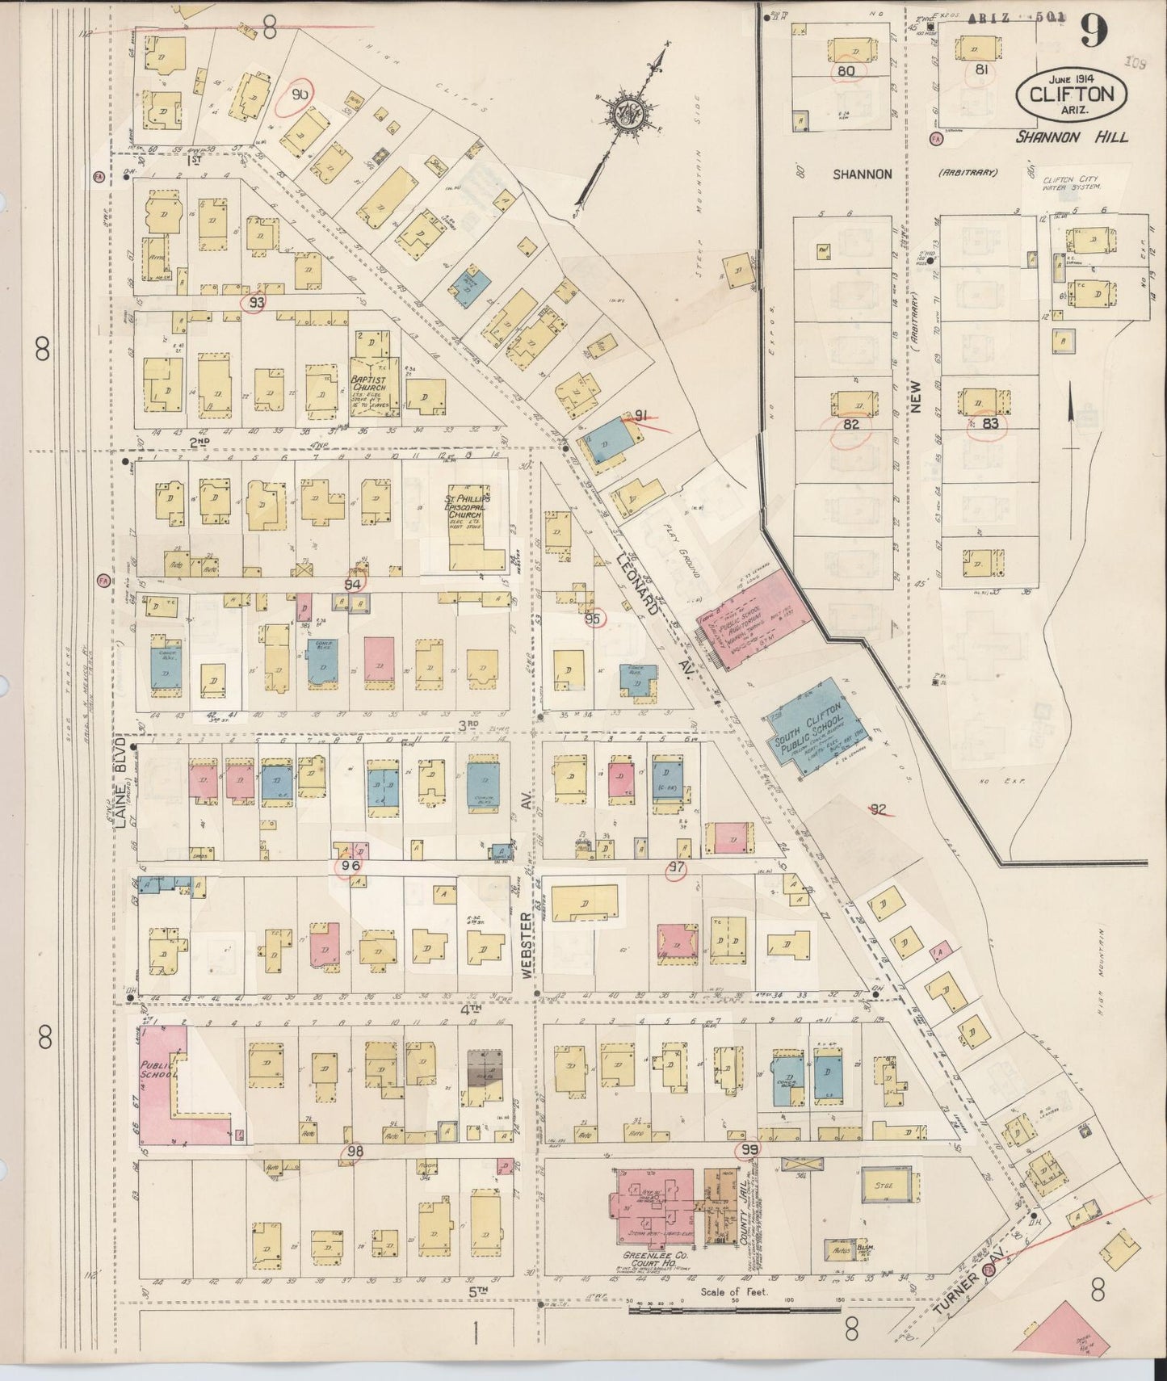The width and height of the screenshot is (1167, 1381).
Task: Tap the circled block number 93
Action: pyautogui.click(x=257, y=303)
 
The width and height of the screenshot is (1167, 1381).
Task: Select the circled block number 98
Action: pyautogui.click(x=352, y=1151)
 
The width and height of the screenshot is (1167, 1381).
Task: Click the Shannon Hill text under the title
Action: pyautogui.click(x=1071, y=137)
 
